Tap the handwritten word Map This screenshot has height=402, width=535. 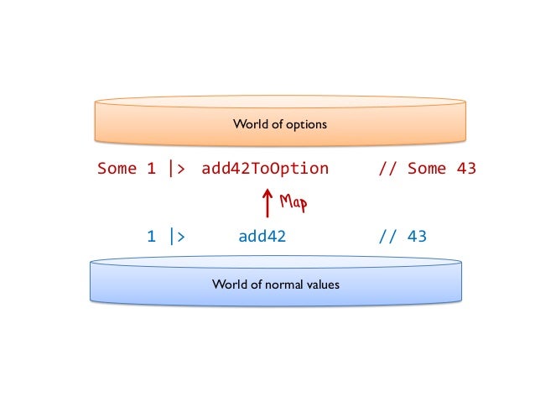click(293, 202)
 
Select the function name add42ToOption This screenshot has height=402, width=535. click(265, 169)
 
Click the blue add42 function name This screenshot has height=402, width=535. click(262, 237)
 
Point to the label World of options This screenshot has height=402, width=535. click(279, 125)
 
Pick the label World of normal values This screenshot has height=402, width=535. click(276, 285)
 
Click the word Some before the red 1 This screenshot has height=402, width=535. click(117, 169)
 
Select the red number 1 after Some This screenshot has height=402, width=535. click(151, 169)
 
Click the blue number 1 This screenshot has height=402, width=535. click(151, 237)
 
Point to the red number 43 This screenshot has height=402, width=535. click(466, 169)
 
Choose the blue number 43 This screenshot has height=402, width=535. click(417, 237)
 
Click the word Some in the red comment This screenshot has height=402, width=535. click(427, 169)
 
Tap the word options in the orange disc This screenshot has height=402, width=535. click(307, 125)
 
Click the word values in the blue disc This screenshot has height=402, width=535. click(325, 285)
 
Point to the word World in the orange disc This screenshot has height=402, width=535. click(248, 125)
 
